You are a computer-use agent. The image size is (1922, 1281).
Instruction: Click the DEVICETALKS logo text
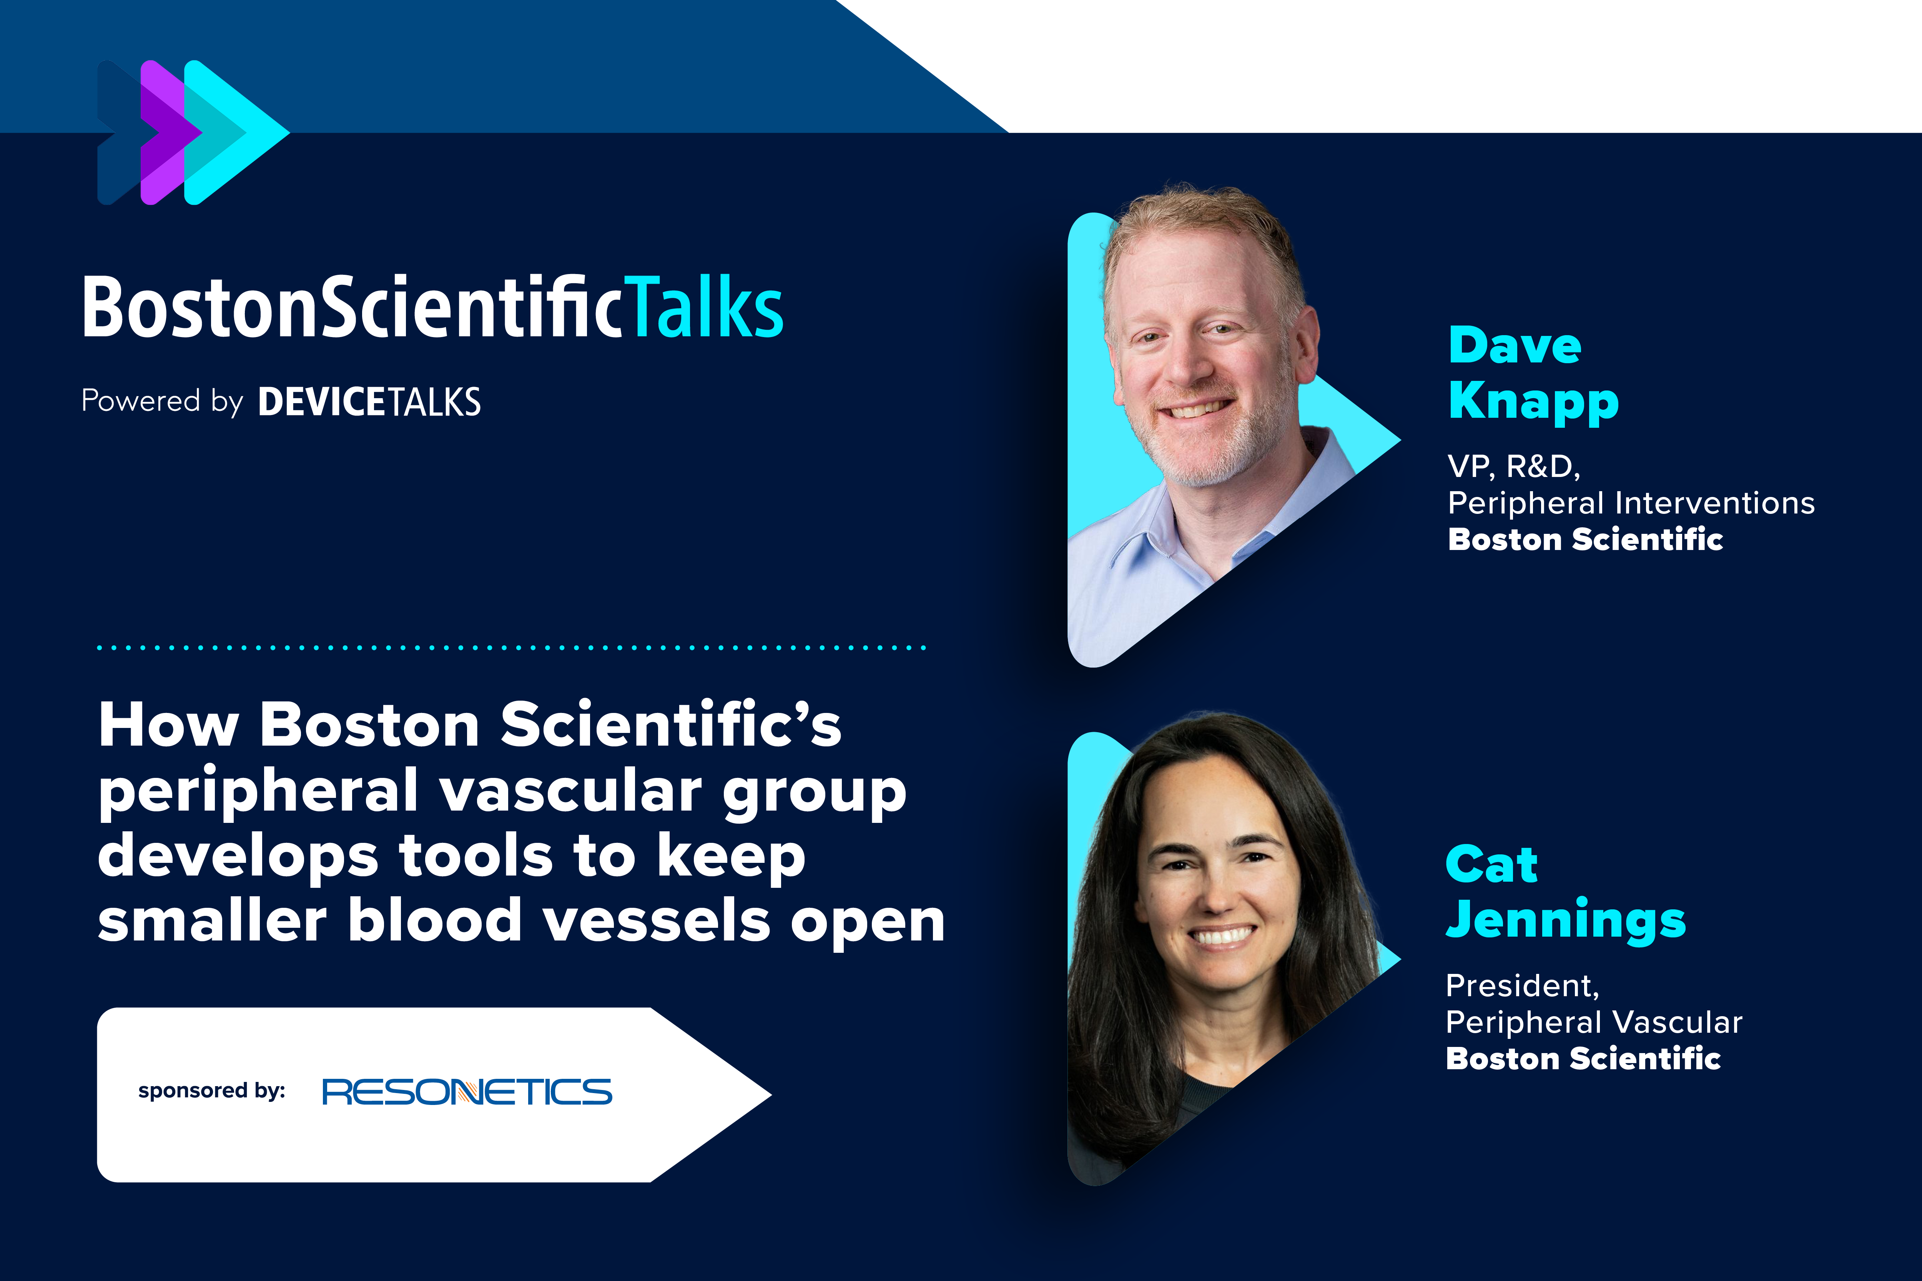click(369, 402)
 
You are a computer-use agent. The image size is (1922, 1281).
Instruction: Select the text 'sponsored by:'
click(212, 1091)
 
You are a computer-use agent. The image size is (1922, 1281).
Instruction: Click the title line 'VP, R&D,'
click(1513, 467)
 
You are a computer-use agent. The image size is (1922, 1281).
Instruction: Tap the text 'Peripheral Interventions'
click(1630, 503)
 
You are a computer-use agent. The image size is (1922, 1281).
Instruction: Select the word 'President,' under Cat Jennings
click(1521, 986)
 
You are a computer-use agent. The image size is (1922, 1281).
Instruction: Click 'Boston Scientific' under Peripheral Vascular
click(1583, 1059)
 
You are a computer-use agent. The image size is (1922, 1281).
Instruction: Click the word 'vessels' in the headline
click(656, 921)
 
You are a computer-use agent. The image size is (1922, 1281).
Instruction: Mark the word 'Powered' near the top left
click(141, 401)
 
